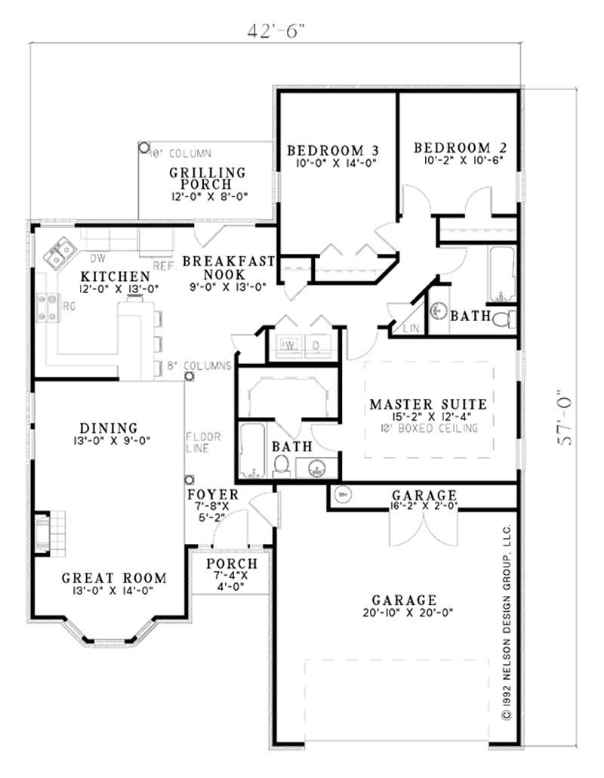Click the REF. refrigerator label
pos(162,266)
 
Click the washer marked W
pos(288,345)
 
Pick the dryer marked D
pos(317,345)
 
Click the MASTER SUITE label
pos(428,404)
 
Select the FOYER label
pos(213,496)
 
